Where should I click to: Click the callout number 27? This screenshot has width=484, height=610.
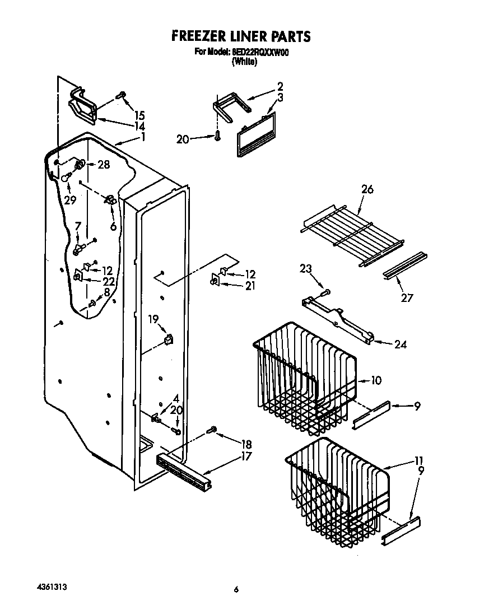pyautogui.click(x=407, y=298)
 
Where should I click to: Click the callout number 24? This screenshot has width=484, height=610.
pyautogui.click(x=400, y=344)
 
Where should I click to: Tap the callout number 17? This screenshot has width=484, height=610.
pyautogui.click(x=245, y=457)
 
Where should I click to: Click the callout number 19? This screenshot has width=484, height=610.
pyautogui.click(x=153, y=319)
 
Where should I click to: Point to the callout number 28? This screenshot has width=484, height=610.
pyautogui.click(x=103, y=165)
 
